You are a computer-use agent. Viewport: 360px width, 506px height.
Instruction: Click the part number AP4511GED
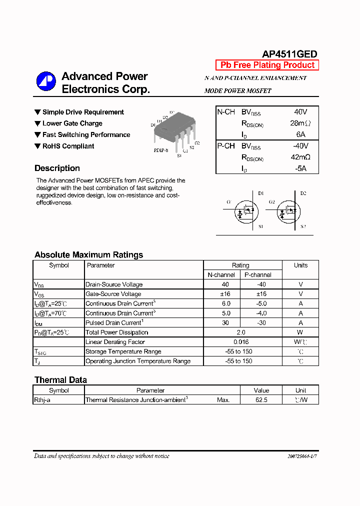pos(289,54)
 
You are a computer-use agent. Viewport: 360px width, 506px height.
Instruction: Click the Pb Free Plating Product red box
pos(267,65)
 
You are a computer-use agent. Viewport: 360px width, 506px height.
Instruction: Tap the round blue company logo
pos(46,81)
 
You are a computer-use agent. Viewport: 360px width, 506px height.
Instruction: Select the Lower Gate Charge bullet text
pos(72,123)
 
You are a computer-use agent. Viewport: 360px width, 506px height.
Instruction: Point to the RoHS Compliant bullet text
pos(68,146)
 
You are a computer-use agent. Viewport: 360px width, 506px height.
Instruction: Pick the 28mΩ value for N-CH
pos(300,123)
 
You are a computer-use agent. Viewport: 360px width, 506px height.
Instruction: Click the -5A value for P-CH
pos(299,168)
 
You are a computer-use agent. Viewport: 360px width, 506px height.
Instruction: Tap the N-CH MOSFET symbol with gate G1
pos(245,212)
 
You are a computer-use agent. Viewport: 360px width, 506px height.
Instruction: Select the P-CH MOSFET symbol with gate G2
pos(287,212)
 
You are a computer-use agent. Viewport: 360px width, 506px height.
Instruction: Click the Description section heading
pos(57,168)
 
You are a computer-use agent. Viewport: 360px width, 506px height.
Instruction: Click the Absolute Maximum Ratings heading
pos(88,255)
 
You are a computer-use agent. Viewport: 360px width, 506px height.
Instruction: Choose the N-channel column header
pos(221,275)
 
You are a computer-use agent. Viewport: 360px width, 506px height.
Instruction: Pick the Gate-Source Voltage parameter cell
pos(113,294)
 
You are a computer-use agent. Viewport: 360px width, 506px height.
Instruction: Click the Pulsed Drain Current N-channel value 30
pos(225,323)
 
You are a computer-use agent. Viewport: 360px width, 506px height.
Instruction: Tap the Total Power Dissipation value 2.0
pos(240,332)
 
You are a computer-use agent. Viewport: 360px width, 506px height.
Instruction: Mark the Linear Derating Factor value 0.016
pos(240,342)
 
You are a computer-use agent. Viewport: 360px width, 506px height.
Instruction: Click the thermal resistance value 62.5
pos(261,400)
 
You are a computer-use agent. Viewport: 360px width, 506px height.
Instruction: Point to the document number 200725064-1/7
pos(302,456)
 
